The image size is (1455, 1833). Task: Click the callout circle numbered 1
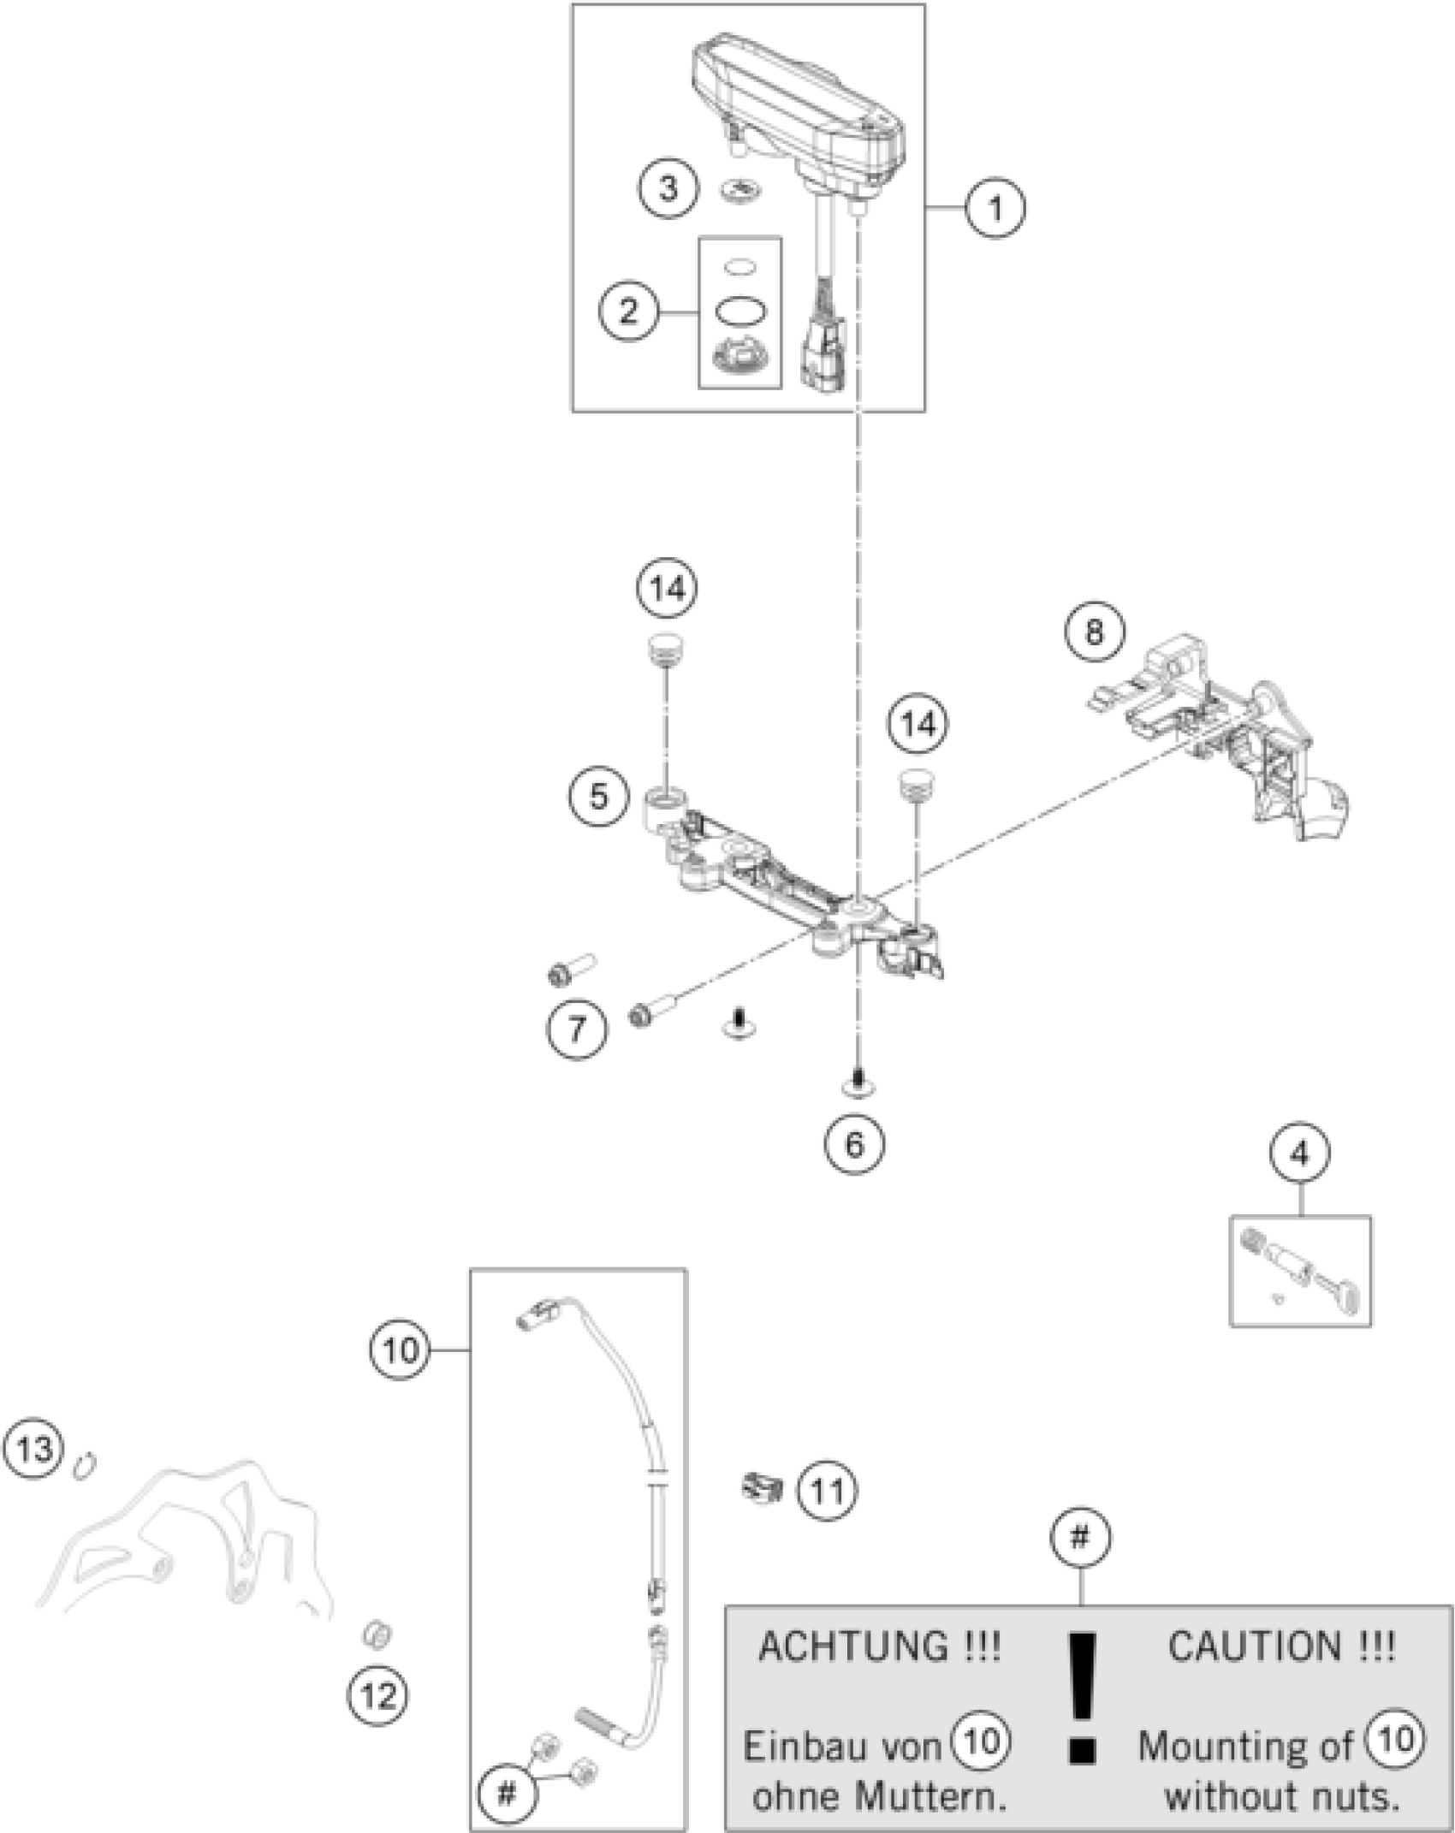tap(995, 208)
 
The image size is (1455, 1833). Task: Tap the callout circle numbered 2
tap(628, 311)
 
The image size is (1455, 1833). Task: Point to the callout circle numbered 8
tap(1095, 632)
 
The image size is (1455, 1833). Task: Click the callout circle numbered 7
tap(578, 1028)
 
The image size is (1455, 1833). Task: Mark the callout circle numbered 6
tap(855, 1144)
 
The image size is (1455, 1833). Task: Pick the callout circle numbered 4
tap(1300, 1154)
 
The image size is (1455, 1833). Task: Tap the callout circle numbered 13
tap(33, 1450)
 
